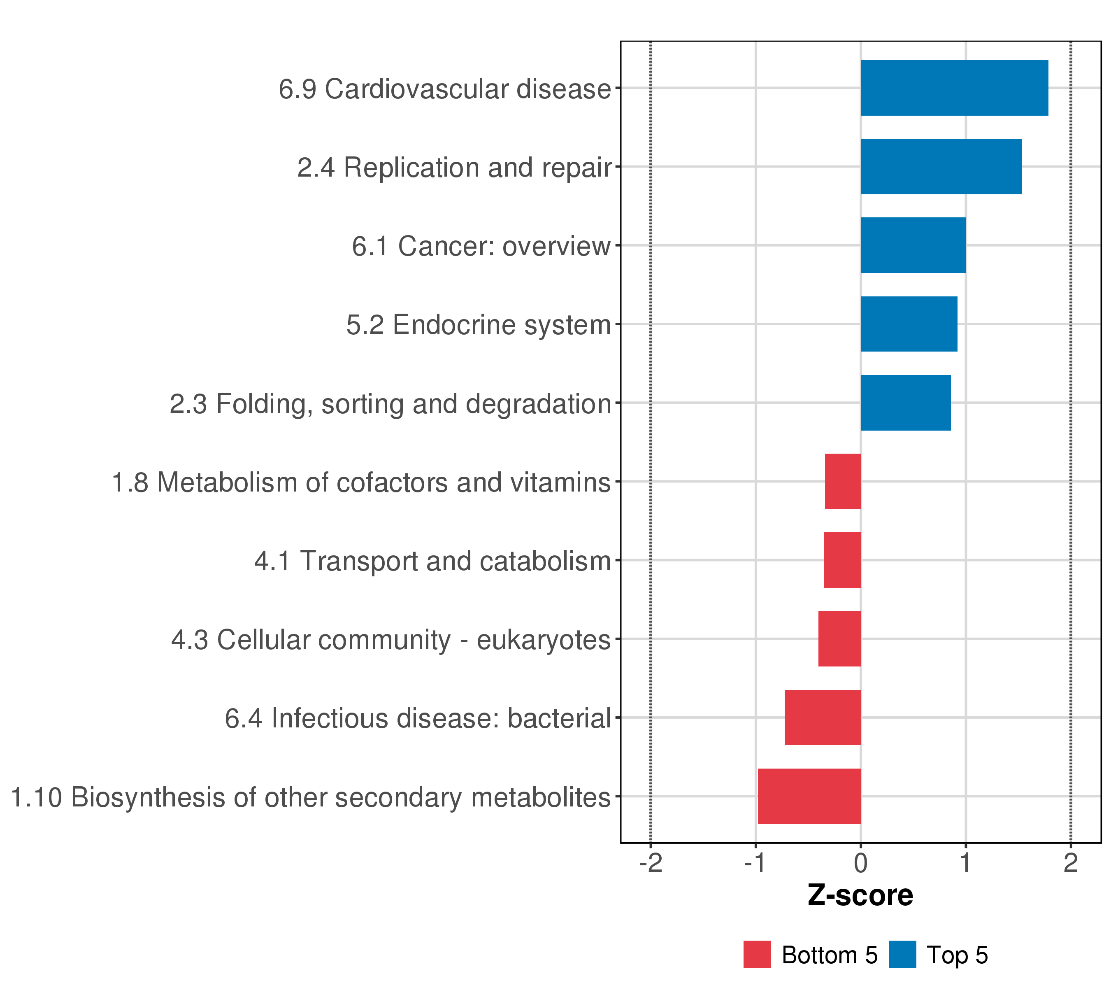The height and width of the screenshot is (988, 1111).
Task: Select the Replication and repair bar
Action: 941,166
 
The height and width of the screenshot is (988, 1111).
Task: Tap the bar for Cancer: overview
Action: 913,245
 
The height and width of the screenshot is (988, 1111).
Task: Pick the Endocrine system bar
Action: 909,324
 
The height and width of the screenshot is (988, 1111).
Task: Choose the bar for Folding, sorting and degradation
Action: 906,403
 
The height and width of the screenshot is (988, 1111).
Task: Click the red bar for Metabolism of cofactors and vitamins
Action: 843,481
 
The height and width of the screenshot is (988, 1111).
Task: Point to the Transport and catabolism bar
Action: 842,560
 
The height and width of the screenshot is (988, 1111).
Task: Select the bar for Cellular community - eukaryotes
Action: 840,639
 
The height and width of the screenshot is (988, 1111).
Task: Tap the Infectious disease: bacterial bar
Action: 823,718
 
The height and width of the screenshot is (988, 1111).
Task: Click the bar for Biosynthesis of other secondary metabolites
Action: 809,797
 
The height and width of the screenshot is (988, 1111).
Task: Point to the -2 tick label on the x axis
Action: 651,864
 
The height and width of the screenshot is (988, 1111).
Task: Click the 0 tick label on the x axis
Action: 860,864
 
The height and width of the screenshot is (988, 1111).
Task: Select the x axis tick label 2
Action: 1071,864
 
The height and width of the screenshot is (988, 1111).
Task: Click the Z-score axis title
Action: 860,895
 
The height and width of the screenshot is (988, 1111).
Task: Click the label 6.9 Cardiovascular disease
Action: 445,89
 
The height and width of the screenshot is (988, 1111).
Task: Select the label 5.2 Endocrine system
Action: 479,325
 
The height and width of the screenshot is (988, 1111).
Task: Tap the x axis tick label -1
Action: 755,864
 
